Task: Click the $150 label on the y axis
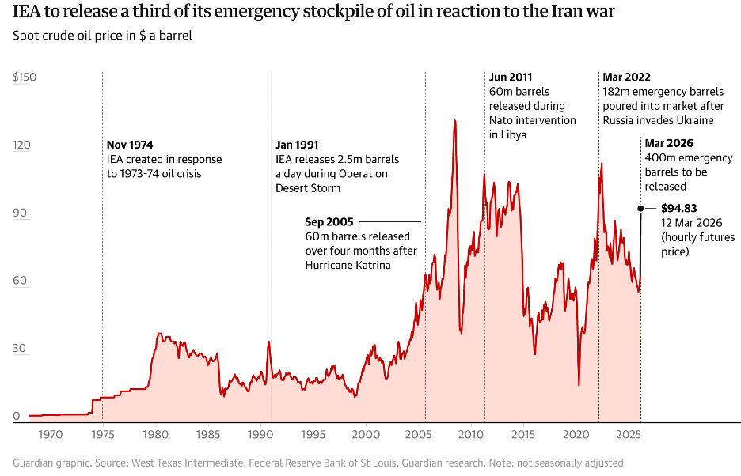click(25, 77)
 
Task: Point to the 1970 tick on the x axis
click(50, 435)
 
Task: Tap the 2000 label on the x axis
click(365, 435)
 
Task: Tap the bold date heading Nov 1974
click(130, 145)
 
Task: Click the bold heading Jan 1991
click(297, 145)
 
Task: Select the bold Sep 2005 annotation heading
click(329, 221)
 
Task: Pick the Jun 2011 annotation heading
click(511, 77)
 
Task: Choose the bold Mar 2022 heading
click(626, 77)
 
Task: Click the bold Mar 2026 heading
click(669, 143)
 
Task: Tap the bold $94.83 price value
click(678, 209)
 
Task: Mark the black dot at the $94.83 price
click(640, 208)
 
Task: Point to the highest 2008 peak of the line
click(454, 120)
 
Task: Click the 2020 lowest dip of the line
click(579, 385)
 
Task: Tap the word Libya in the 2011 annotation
click(512, 134)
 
